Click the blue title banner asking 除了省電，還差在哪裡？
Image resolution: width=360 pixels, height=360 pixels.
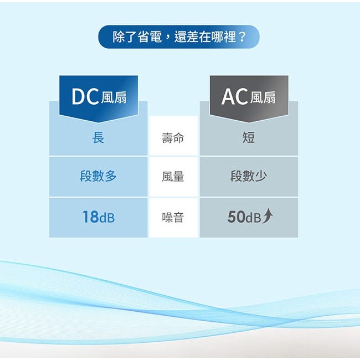click(179, 37)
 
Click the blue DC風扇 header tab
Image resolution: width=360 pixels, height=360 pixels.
click(99, 97)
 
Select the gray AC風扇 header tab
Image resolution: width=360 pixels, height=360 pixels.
click(248, 97)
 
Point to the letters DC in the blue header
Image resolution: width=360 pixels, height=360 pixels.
click(86, 97)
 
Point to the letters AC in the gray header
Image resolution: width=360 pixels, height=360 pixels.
click(234, 97)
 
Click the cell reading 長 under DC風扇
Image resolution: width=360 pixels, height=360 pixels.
click(98, 137)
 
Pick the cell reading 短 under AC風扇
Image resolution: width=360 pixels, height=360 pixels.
click(249, 137)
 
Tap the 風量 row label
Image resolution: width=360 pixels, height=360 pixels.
click(173, 177)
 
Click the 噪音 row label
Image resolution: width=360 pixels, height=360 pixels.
click(173, 217)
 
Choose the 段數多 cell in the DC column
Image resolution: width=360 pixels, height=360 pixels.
click(98, 177)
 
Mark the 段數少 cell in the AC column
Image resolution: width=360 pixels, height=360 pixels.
click(249, 177)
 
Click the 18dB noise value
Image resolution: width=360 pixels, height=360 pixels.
click(98, 217)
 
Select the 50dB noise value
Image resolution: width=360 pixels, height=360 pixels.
click(244, 217)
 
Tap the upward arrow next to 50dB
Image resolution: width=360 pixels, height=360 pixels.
click(268, 216)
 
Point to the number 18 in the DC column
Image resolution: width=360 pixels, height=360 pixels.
click(90, 217)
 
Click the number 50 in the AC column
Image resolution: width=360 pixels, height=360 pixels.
click(236, 217)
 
